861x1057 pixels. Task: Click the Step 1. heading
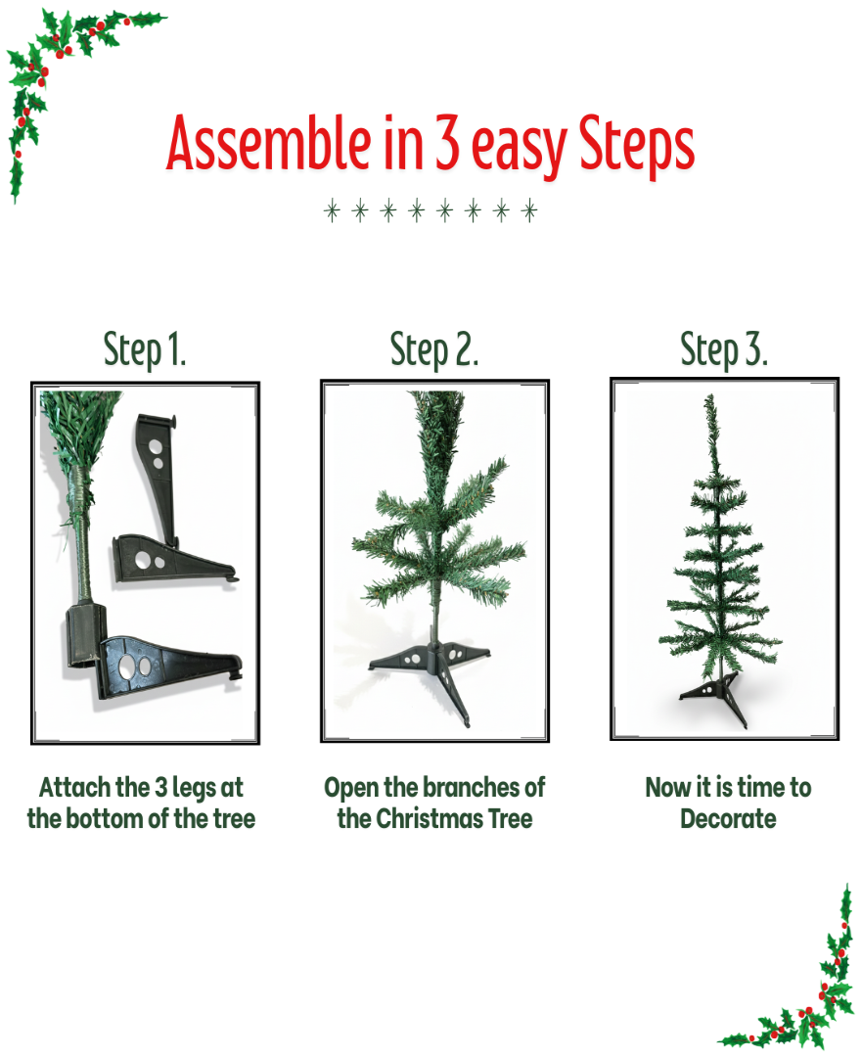145,350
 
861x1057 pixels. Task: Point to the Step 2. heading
434,350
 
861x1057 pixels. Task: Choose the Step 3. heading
724,350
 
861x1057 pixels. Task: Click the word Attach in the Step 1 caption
74,788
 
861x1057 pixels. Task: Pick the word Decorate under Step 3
728,818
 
